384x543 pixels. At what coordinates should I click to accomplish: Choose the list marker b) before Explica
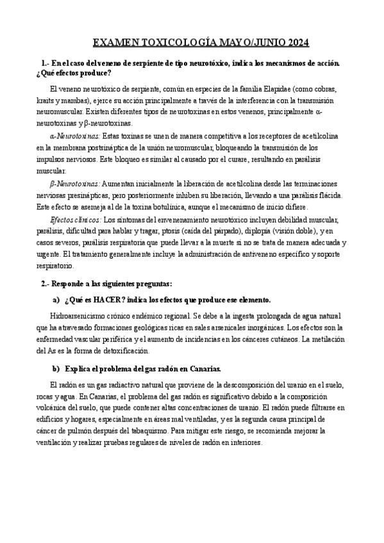click(x=55, y=368)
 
